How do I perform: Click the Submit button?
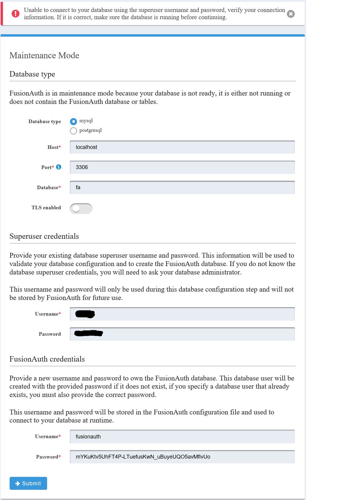[x=28, y=483]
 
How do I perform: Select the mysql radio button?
[x=73, y=121]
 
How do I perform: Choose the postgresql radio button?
[x=73, y=131]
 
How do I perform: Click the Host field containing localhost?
[x=182, y=147]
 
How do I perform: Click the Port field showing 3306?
[x=182, y=167]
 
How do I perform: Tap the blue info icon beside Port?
[x=59, y=167]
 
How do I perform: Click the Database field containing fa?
[x=182, y=187]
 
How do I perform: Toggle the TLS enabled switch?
[x=81, y=208]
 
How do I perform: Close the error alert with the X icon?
[x=291, y=14]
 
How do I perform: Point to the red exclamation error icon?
[x=16, y=14]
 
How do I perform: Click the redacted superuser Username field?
[x=182, y=314]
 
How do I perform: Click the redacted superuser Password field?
[x=182, y=334]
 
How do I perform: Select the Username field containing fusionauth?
[x=182, y=437]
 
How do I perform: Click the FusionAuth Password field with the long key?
[x=182, y=457]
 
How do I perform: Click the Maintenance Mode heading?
[x=44, y=56]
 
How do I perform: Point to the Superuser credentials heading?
[x=44, y=236]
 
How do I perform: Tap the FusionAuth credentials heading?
[x=47, y=359]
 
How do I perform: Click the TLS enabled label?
[x=46, y=208]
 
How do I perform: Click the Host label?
[x=53, y=147]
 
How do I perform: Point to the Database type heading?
[x=32, y=74]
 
